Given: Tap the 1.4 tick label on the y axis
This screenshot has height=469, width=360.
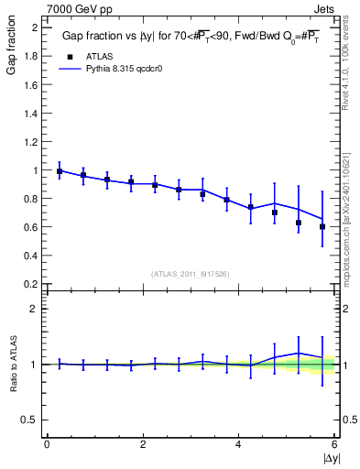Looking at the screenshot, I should pyautogui.click(x=30, y=114).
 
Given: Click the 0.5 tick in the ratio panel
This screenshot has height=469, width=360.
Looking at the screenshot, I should pyautogui.click(x=30, y=420).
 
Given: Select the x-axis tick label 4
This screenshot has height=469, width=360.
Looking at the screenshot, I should pyautogui.click(x=238, y=444).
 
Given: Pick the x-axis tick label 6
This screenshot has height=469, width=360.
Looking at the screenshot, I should pyautogui.click(x=334, y=444).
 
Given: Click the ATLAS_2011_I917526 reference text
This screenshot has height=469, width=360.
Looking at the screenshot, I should pyautogui.click(x=191, y=274).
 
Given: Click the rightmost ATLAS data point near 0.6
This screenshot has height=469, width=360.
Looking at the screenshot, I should pyautogui.click(x=322, y=226).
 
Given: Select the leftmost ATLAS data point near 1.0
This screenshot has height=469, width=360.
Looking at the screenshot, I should pyautogui.click(x=60, y=171).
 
